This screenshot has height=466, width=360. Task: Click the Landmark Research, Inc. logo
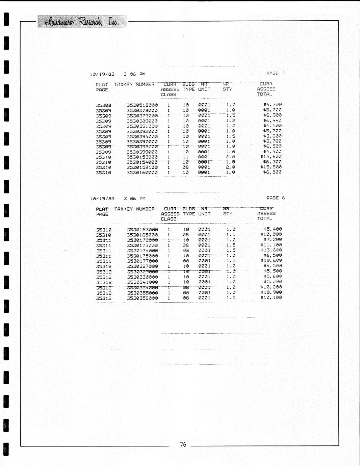coord(82,22)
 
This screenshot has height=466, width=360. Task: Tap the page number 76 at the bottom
coord(183,444)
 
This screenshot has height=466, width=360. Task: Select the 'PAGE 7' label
coord(275,73)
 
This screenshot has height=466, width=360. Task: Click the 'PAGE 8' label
coord(275,198)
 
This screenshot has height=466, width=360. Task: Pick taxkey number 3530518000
coord(142,105)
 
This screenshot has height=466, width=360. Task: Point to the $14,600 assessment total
coord(271,157)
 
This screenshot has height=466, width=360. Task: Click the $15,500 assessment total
coord(271,167)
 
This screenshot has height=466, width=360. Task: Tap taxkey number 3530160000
coord(142,173)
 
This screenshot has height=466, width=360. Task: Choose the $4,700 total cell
coord(272,105)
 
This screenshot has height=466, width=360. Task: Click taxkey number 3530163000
coord(142,230)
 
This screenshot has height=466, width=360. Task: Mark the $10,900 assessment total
coord(271,292)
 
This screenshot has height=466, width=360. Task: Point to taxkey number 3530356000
coord(142,298)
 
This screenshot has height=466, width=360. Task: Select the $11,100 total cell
coord(271,245)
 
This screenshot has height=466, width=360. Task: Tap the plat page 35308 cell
coord(103,105)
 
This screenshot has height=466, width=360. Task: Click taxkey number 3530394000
coord(142,137)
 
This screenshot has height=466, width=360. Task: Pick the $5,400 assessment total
coord(272,229)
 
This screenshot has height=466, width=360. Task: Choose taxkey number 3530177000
coord(142,261)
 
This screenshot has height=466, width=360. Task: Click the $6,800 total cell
coord(272,172)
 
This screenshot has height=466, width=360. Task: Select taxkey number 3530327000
coord(142,266)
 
